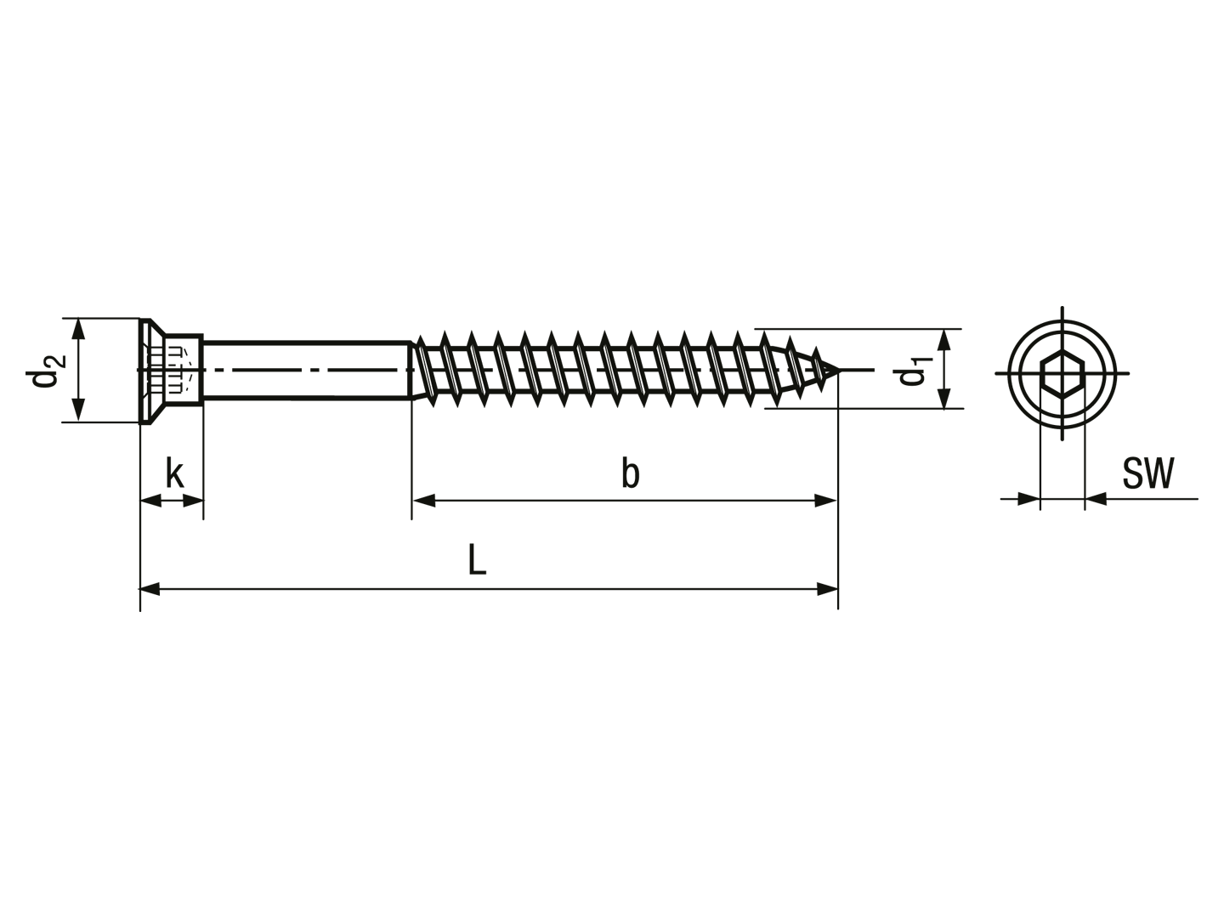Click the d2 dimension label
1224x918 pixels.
[46, 371]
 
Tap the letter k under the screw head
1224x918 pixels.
[174, 473]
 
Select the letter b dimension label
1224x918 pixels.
[630, 473]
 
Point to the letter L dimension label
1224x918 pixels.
[477, 559]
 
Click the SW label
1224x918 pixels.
[1147, 473]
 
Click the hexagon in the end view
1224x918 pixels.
[1062, 373]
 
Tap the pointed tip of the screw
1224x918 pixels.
[837, 370]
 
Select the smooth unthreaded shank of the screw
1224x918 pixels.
[307, 370]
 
